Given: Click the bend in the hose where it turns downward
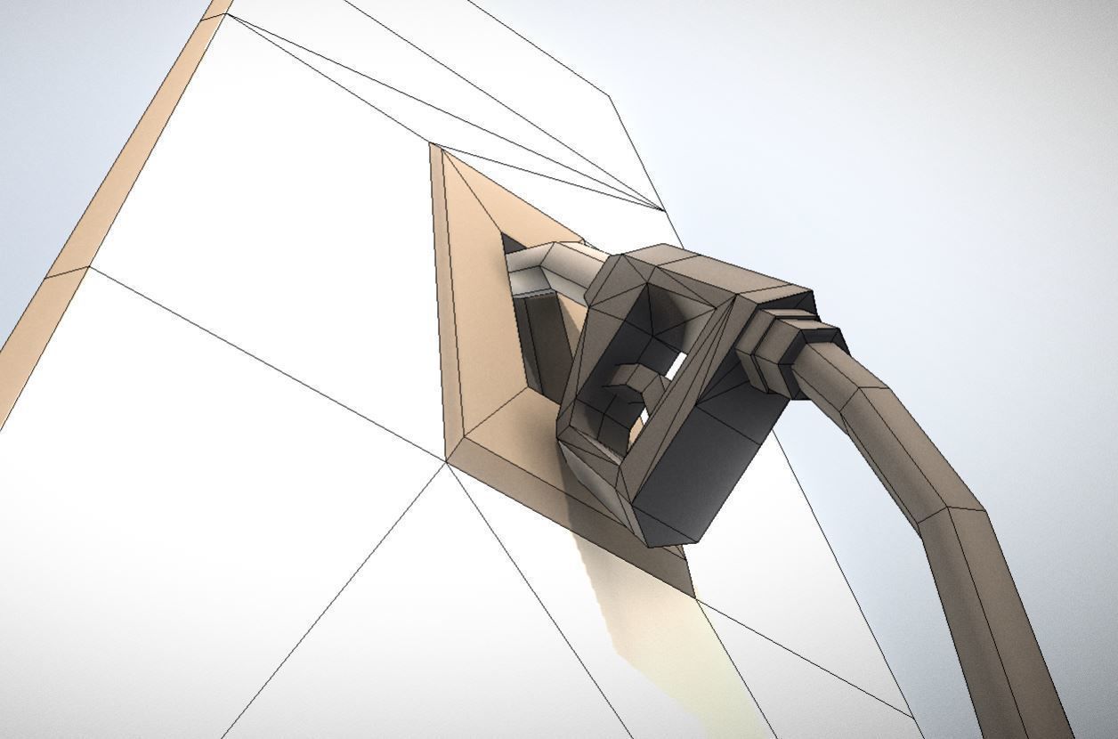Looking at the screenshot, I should point(944,499).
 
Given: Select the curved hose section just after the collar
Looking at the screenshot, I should point(855,392).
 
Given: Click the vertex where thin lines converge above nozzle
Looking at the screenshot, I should point(663,210).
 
